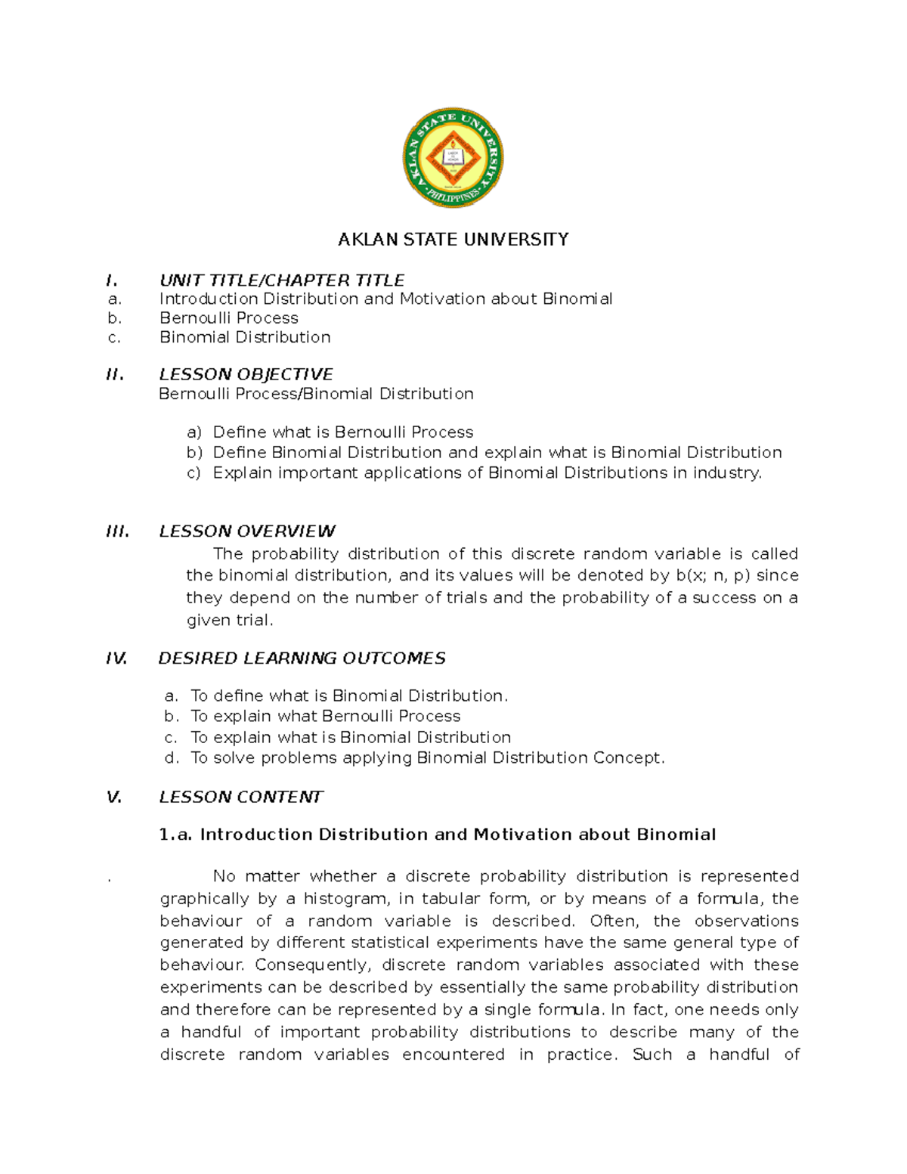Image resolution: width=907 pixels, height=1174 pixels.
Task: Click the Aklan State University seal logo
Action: pyautogui.click(x=453, y=157)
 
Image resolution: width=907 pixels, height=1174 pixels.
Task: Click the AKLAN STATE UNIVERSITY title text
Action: pyautogui.click(x=453, y=240)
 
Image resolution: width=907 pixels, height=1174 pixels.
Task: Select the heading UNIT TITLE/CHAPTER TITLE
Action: pyautogui.click(x=282, y=280)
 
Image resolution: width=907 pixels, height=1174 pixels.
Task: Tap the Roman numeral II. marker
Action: pyautogui.click(x=115, y=374)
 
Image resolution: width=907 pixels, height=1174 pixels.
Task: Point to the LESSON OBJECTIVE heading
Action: pyautogui.click(x=246, y=374)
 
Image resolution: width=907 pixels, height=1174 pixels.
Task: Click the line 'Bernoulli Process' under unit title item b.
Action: pyautogui.click(x=228, y=318)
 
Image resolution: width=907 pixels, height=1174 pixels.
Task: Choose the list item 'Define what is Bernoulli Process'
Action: pyautogui.click(x=342, y=432)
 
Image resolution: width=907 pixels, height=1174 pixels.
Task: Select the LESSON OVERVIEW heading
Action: pyautogui.click(x=247, y=531)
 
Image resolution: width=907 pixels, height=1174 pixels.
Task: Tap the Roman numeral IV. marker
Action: pyautogui.click(x=116, y=658)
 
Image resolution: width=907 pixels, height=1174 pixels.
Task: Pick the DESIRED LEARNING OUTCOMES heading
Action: pyautogui.click(x=302, y=658)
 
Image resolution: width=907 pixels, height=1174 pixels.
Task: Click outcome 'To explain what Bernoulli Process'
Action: pyautogui.click(x=325, y=716)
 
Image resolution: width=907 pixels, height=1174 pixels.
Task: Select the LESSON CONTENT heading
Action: pyautogui.click(x=240, y=797)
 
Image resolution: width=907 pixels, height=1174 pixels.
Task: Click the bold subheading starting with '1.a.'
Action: pyautogui.click(x=437, y=835)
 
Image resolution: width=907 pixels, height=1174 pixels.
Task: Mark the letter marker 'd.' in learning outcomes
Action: pyautogui.click(x=172, y=758)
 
